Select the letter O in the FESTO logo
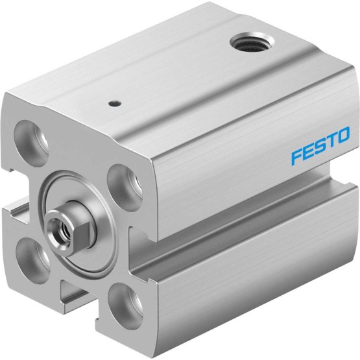tap(342, 136)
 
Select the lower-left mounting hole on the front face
tap(33, 258)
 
